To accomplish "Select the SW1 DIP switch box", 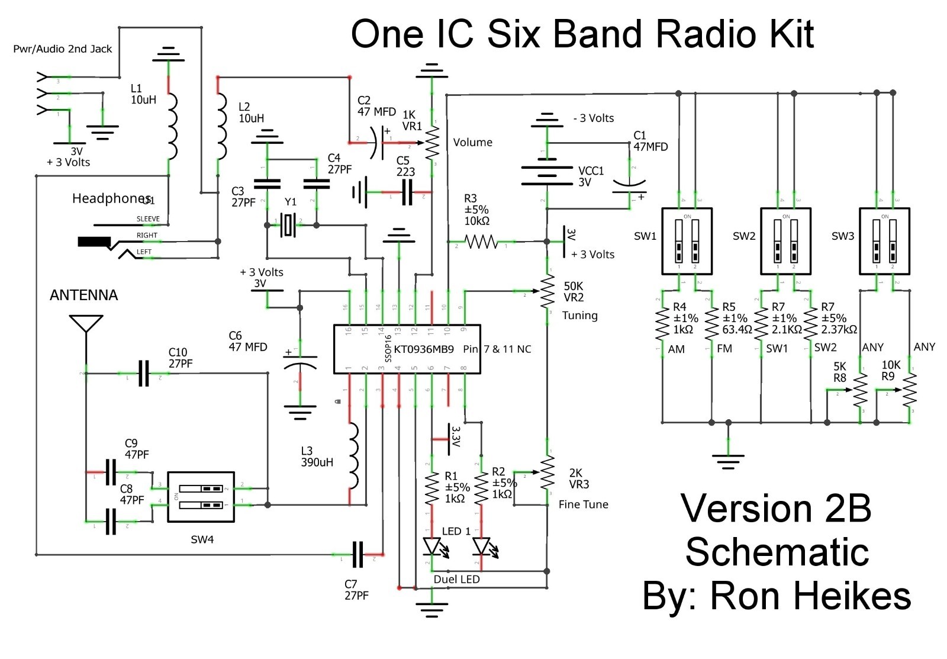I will click(687, 241).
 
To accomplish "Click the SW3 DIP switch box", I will click(884, 241).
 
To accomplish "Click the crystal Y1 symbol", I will click(289, 225).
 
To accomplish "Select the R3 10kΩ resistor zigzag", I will click(481, 242).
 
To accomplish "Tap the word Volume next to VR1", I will click(472, 142).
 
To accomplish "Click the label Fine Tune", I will click(583, 504).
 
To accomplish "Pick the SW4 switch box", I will click(201, 497).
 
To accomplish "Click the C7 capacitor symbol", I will click(357, 555).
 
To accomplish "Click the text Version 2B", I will click(775, 509).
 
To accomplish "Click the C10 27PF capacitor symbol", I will click(143, 374).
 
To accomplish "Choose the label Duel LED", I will click(456, 579).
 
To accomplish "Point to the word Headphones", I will click(111, 198).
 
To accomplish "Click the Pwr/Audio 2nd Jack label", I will click(62, 49).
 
